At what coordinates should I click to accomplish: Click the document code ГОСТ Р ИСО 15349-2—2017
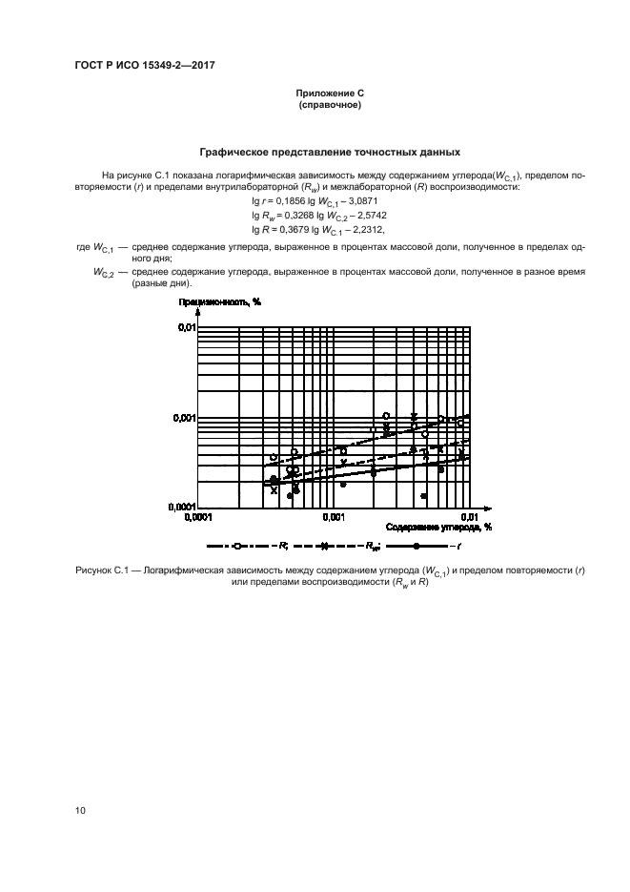(x=141, y=64)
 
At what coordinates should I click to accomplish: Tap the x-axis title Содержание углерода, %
(x=438, y=526)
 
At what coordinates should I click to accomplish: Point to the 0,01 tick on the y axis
(x=185, y=327)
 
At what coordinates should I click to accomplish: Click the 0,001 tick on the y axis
(x=182, y=417)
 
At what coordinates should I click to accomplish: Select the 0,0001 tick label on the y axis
(x=179, y=508)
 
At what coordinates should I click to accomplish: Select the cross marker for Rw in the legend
(x=323, y=546)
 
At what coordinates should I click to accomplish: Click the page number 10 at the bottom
(x=81, y=811)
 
